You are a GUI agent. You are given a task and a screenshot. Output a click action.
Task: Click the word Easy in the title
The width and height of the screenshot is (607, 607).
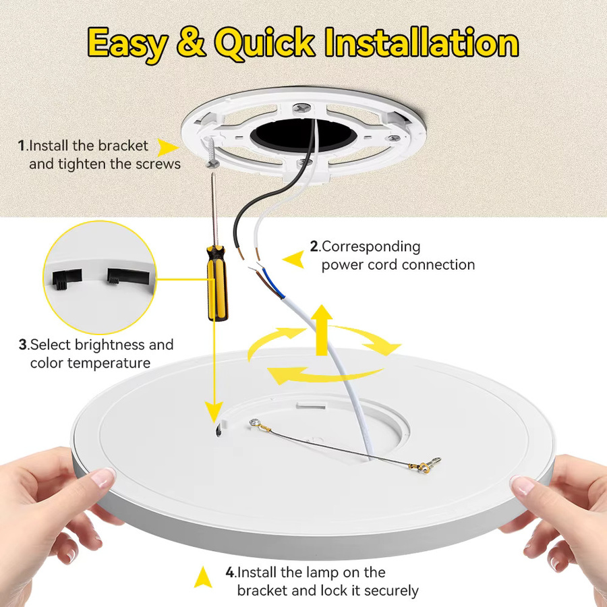(x=127, y=43)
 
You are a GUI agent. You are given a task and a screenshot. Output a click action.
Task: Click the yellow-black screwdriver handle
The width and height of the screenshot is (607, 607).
(x=216, y=283)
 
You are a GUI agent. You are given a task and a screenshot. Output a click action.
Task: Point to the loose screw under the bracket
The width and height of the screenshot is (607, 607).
(x=212, y=152)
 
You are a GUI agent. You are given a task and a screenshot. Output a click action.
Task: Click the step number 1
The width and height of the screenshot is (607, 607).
(x=22, y=146)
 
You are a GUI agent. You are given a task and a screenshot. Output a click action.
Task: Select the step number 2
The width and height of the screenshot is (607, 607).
(x=314, y=246)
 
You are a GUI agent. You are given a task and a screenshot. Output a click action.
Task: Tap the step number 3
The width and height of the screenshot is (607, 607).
(x=23, y=345)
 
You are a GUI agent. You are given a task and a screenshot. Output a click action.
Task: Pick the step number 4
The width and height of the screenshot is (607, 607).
(x=230, y=572)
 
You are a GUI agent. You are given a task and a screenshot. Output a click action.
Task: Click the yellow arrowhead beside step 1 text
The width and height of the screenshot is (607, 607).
(x=167, y=148)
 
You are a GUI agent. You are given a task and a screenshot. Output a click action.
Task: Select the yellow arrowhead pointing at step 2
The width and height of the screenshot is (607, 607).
(x=294, y=259)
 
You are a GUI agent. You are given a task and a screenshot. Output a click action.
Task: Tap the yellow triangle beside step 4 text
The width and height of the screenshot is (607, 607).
(x=202, y=577)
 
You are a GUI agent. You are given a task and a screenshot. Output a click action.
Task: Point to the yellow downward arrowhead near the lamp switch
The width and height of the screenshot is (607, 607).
(x=214, y=412)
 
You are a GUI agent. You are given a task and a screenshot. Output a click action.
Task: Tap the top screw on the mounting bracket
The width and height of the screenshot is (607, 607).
(x=301, y=108)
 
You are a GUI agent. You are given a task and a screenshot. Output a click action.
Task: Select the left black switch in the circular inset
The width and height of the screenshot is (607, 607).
(x=67, y=279)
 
